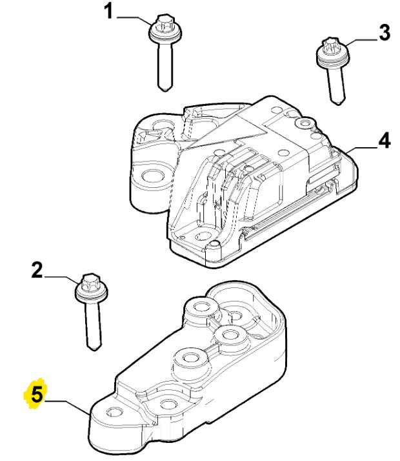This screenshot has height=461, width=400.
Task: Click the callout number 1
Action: (108, 12)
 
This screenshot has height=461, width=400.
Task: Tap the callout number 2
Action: (37, 270)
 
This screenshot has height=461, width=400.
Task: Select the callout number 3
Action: (385, 33)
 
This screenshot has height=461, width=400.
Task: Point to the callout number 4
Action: (385, 140)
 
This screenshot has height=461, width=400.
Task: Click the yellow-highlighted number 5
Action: (37, 394)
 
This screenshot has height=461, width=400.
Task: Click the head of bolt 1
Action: (165, 30)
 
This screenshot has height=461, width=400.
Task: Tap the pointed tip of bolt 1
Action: (165, 89)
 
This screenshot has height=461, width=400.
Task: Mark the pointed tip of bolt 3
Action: (339, 103)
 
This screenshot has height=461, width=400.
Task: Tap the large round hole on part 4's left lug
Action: (152, 176)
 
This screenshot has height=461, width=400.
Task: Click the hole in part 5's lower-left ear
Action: (114, 411)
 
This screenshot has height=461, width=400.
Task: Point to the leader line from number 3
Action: (362, 41)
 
